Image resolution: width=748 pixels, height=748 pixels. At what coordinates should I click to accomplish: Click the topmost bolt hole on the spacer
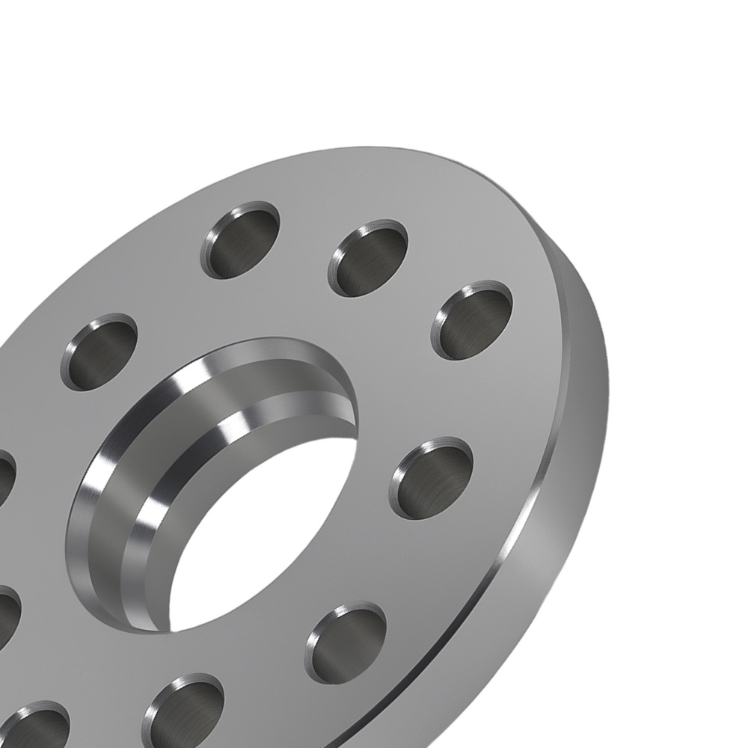[240, 240]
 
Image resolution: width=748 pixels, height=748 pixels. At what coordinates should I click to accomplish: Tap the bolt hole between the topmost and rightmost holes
[369, 258]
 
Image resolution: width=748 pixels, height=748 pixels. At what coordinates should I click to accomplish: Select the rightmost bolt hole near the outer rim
[473, 320]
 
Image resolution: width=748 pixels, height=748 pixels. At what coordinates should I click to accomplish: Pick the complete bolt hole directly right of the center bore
[432, 478]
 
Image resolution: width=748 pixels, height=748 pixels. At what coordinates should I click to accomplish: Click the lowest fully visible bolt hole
[346, 643]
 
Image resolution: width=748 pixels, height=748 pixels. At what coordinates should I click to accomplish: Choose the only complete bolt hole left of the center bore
[99, 352]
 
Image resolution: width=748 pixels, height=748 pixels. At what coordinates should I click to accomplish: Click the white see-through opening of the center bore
[254, 539]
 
